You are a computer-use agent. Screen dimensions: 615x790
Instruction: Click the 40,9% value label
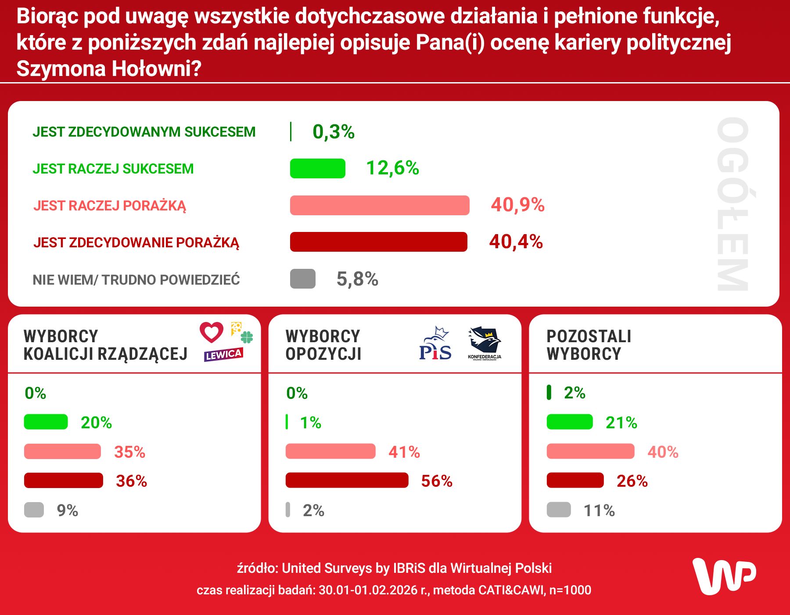(517, 205)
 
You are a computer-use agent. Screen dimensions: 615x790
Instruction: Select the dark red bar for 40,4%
(378, 242)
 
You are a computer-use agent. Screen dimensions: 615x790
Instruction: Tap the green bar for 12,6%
(317, 169)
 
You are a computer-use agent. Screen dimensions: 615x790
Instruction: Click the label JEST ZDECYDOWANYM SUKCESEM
(144, 132)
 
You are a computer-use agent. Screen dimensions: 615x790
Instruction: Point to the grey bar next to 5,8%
(302, 279)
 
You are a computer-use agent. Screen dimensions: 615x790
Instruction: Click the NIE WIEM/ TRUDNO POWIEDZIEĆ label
(136, 280)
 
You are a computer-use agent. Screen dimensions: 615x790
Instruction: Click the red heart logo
(212, 332)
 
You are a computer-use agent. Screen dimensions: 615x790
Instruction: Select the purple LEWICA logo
(223, 355)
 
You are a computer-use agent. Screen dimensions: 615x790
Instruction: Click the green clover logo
(247, 337)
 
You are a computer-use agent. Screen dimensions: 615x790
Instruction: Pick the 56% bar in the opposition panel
(347, 480)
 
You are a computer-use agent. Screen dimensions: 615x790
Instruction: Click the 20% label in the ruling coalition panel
(96, 423)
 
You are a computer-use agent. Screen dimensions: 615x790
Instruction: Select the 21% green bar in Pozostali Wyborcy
(569, 422)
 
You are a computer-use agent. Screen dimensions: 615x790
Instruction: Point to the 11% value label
(599, 510)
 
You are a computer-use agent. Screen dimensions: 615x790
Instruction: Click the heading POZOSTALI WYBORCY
(588, 345)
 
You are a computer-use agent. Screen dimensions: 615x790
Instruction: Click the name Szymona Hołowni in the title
(108, 69)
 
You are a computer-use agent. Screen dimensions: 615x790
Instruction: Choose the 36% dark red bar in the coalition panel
(63, 481)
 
